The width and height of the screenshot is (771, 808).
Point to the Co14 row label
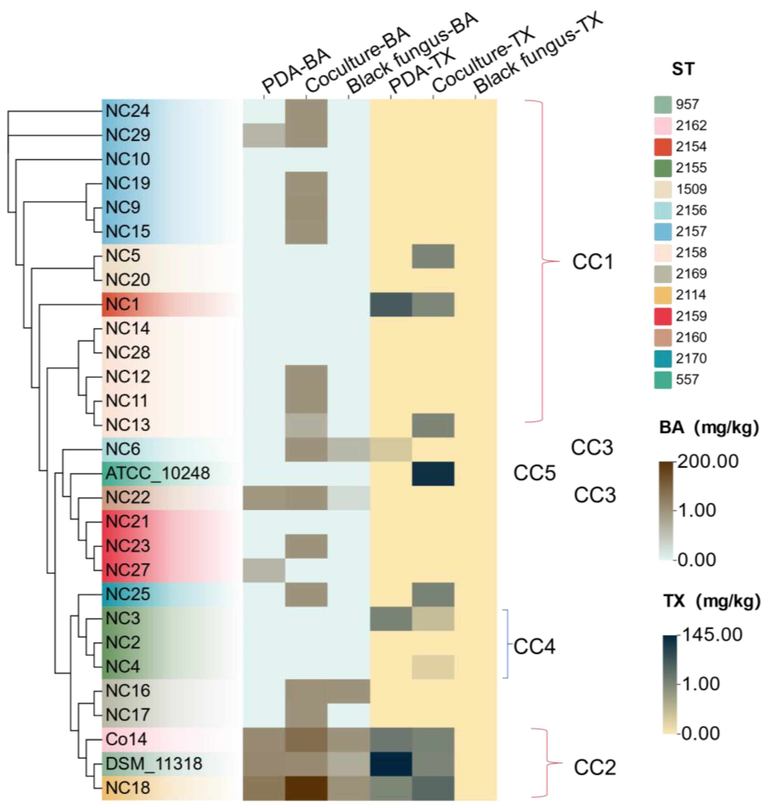pos(126,739)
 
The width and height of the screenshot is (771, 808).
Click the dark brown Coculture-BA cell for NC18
pos(306,788)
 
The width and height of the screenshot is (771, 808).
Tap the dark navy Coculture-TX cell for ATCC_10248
pos(433,474)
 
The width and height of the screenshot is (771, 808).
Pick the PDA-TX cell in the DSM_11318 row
pos(391,764)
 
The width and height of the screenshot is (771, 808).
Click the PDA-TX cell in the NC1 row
pos(391,304)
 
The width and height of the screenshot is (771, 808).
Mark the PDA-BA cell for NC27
pos(264,570)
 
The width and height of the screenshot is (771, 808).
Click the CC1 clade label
pos(592,262)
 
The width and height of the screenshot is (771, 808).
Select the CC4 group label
pos(534,647)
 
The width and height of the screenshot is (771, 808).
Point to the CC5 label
pos(534,474)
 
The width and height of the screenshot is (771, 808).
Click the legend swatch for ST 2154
pos(662,147)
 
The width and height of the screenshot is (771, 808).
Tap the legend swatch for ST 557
pos(662,379)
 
